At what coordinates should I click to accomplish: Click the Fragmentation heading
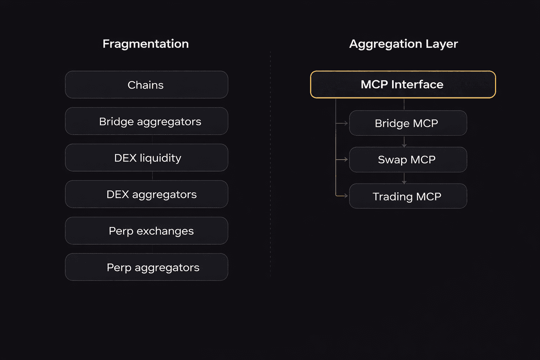click(146, 44)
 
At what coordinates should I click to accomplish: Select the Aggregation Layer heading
click(403, 44)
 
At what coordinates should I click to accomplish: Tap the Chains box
click(147, 85)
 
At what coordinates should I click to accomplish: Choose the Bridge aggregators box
click(147, 121)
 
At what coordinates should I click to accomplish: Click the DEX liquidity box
click(147, 158)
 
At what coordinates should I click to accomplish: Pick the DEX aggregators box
click(147, 194)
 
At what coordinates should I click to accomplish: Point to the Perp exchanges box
click(147, 231)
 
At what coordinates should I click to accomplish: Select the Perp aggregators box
click(147, 267)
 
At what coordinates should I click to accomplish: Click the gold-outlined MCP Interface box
click(403, 85)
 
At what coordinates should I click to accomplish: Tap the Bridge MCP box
click(408, 123)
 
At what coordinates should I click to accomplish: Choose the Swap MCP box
click(408, 160)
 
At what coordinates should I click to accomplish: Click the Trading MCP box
click(408, 196)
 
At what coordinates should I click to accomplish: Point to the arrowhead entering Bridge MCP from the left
click(346, 123)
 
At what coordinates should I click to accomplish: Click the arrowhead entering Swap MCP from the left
click(346, 160)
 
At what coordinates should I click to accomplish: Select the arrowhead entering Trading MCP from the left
click(346, 196)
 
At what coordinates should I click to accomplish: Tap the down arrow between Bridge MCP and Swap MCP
click(404, 145)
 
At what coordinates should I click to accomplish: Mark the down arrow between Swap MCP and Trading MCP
click(404, 182)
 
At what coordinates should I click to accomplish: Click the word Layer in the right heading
click(442, 44)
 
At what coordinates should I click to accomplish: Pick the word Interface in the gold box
click(417, 84)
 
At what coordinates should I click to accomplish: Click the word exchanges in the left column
click(165, 231)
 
